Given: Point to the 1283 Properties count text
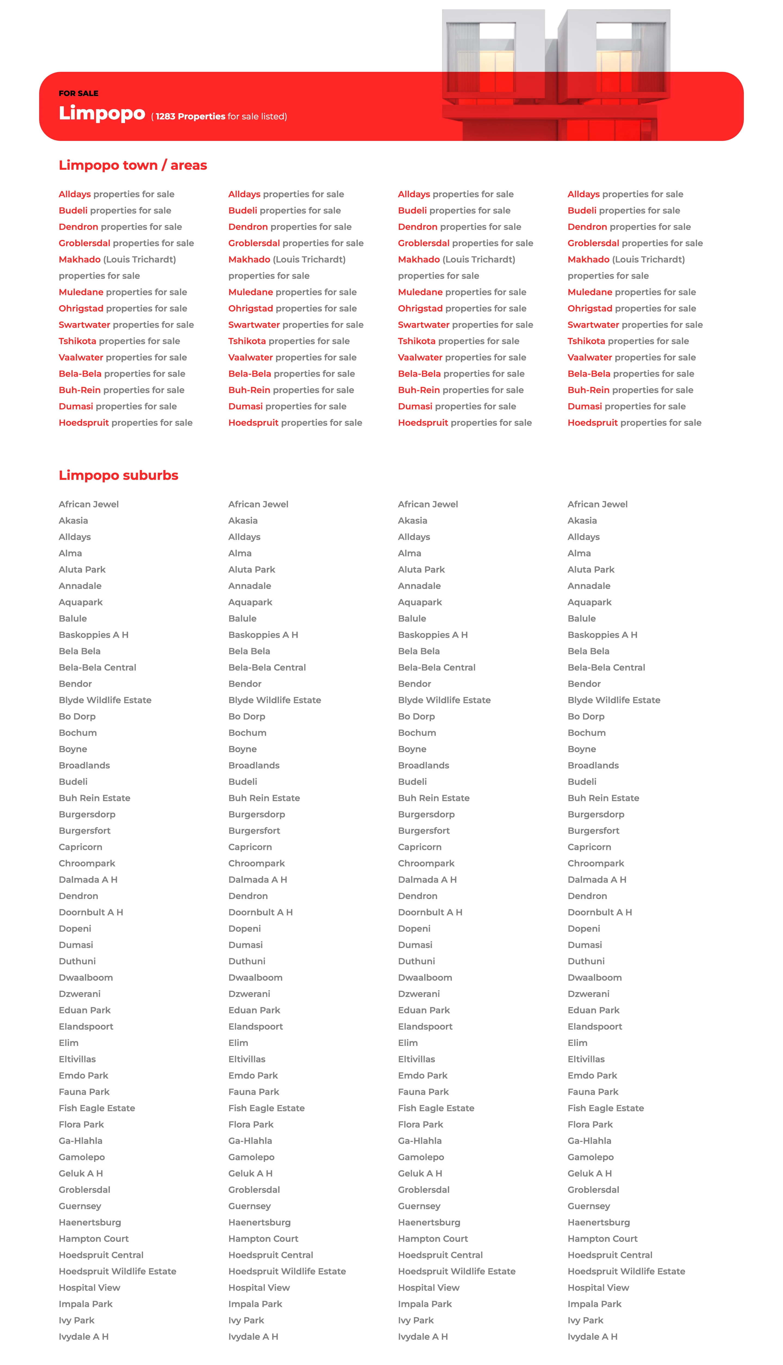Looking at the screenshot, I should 190,116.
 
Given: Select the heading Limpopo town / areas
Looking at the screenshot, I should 133,165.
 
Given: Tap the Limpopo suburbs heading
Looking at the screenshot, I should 118,475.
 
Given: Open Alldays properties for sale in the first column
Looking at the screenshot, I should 116,194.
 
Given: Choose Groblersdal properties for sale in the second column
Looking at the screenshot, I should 296,243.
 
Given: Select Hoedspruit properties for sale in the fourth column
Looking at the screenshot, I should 634,423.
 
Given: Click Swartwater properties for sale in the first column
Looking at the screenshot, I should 126,325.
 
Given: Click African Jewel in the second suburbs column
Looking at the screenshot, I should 258,504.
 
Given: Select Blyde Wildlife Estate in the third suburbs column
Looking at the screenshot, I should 444,700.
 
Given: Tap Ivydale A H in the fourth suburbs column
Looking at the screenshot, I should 592,1336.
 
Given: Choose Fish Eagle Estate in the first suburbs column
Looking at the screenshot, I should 97,1108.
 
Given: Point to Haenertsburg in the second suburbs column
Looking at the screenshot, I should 259,1222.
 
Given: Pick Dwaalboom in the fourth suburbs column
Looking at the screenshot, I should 594,978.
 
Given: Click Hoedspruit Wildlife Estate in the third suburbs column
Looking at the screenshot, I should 456,1271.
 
